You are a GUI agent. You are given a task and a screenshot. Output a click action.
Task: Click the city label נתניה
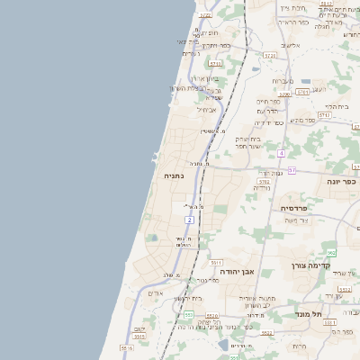[x=174, y=176]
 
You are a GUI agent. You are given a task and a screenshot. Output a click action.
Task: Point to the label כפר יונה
[x=339, y=181]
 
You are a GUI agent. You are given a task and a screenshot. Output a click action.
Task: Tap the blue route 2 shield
[x=190, y=220]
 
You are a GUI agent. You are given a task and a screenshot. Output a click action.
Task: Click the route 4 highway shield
[x=281, y=153]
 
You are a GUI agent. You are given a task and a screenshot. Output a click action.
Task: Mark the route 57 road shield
[x=292, y=169]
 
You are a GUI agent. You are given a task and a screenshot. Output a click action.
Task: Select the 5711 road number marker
[x=215, y=64]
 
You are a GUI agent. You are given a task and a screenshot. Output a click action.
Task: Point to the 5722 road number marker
[x=205, y=15]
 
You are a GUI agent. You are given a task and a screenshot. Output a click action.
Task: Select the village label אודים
[x=156, y=293]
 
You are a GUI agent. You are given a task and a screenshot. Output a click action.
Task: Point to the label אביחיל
[x=207, y=110]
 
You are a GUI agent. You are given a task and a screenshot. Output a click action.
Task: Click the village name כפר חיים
[x=269, y=102]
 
